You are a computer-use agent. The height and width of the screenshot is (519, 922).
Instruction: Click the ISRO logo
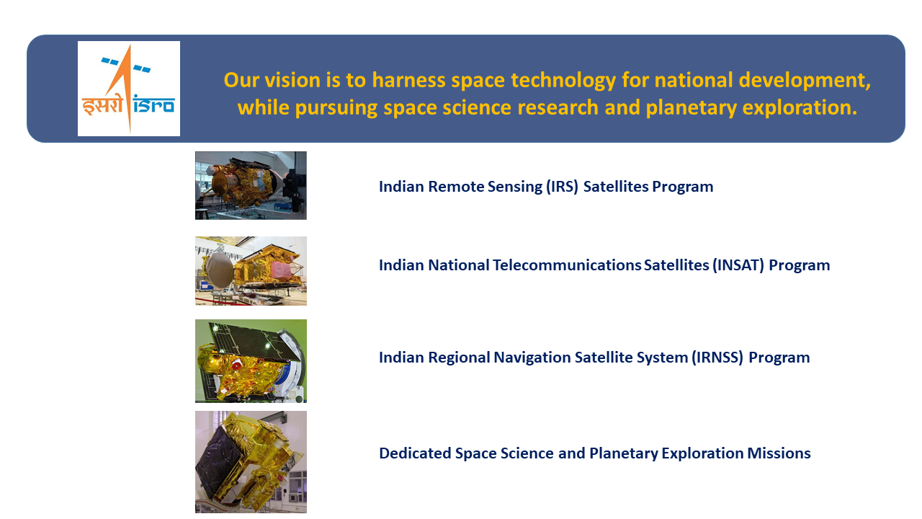129,89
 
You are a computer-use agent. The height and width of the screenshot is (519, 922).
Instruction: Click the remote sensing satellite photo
251,185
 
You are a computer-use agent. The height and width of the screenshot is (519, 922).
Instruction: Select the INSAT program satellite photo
251,270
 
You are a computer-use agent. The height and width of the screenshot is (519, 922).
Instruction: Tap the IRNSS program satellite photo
251,360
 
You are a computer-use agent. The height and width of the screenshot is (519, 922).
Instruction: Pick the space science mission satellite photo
251,461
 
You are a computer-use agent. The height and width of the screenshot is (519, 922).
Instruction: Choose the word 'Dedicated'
415,453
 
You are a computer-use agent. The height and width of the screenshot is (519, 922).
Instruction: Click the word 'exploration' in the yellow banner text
802,108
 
